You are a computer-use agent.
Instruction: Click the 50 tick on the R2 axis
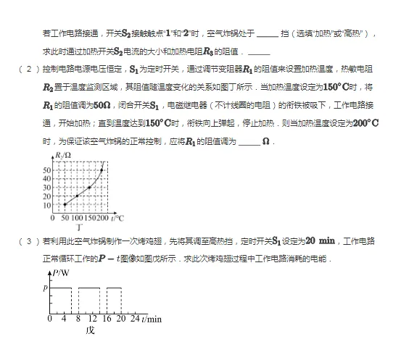46,170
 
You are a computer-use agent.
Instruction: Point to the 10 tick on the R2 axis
46,205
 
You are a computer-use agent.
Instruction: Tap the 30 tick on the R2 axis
46,188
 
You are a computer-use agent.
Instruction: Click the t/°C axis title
118,217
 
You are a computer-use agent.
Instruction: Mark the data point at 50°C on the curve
65,205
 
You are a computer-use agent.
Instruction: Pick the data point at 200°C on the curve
102,170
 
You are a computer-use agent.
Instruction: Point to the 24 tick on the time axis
134,319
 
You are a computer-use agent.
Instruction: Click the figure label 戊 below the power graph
90,330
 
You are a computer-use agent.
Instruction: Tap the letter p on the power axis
45,288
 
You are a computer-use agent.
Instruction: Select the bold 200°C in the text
363,122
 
